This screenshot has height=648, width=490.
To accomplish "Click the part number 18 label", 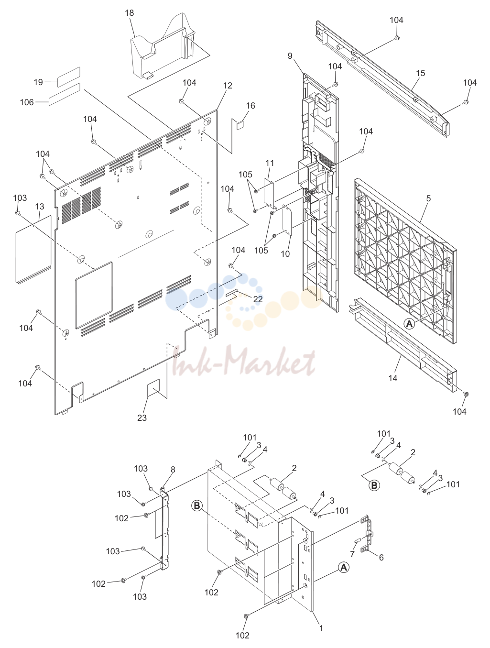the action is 129,13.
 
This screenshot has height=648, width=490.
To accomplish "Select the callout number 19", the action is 38,82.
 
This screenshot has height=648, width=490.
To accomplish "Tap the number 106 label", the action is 27,102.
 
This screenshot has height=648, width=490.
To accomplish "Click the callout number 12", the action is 228,86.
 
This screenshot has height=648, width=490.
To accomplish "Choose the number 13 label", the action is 40,207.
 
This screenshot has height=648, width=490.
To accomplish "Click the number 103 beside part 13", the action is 20,198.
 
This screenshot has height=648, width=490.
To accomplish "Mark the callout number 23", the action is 142,417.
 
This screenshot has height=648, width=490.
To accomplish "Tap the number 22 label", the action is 258,299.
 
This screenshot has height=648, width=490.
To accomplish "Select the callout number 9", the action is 290,56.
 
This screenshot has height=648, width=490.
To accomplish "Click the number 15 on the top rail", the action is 420,73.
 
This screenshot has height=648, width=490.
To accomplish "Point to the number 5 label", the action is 428,198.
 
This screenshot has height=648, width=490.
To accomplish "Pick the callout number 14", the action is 392,378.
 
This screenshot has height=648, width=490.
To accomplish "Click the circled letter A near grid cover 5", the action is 410,324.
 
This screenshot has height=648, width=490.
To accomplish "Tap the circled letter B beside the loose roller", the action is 374,485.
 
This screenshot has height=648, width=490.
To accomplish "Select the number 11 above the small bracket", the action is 270,163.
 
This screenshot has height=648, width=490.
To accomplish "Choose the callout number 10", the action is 285,254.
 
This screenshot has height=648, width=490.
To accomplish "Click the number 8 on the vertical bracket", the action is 173,470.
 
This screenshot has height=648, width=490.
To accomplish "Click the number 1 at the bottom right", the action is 321,628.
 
